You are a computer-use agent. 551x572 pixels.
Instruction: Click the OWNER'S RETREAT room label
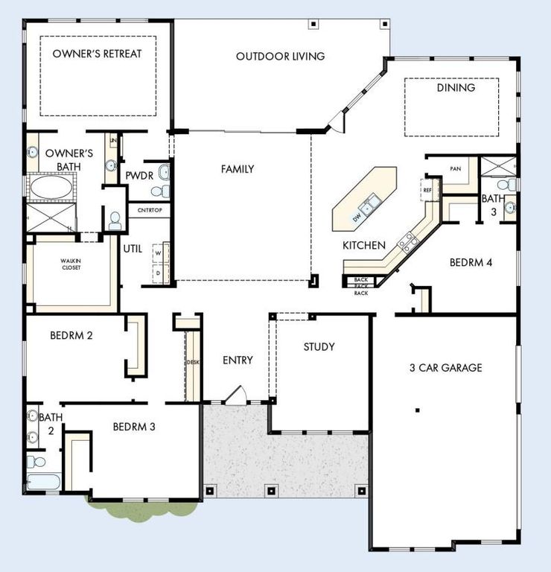[97, 54]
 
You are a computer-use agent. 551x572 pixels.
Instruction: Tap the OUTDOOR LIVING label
[280, 57]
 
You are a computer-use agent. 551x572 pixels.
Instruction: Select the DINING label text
[455, 88]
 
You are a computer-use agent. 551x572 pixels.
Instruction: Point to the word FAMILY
[238, 169]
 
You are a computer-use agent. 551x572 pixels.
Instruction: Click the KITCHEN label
[363, 245]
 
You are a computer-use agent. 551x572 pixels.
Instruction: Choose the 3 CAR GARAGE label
[445, 368]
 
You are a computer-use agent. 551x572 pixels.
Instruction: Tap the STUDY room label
[319, 347]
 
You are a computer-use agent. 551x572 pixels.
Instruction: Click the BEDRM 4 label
[471, 263]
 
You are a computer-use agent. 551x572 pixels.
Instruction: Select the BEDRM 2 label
[71, 335]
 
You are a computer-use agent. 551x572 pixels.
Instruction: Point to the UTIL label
[133, 249]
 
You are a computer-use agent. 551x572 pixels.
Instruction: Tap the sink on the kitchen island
[369, 203]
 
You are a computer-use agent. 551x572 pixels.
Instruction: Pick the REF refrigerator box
[427, 190]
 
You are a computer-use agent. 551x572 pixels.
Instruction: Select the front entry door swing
[237, 395]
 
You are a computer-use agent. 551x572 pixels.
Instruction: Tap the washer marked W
[158, 252]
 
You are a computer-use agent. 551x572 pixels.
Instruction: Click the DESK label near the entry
[193, 363]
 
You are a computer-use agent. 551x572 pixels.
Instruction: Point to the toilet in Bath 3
[504, 183]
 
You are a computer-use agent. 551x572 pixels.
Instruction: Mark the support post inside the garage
[418, 410]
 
